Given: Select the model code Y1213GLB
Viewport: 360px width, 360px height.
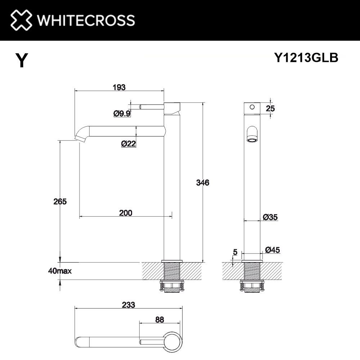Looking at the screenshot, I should tap(306, 58).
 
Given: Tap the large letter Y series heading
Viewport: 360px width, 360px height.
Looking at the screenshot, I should tap(21, 60).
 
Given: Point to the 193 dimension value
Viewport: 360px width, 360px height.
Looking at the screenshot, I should tap(119, 87).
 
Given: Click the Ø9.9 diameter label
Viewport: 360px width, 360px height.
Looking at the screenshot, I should tap(122, 114).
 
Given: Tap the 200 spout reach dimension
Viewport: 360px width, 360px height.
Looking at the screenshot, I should tap(125, 213).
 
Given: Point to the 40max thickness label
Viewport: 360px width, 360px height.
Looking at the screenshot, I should tap(59, 271).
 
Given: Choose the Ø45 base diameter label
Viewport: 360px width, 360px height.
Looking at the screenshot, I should tap(273, 250).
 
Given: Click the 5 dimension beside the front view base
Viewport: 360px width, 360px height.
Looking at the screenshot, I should tap(235, 252).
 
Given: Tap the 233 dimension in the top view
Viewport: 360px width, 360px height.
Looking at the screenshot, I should tap(128, 305).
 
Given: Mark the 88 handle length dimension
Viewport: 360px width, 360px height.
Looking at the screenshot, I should tap(160, 319).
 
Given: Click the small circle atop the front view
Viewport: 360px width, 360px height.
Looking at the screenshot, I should tap(252, 107).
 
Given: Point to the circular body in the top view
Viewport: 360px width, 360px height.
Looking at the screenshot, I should tap(172, 341).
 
